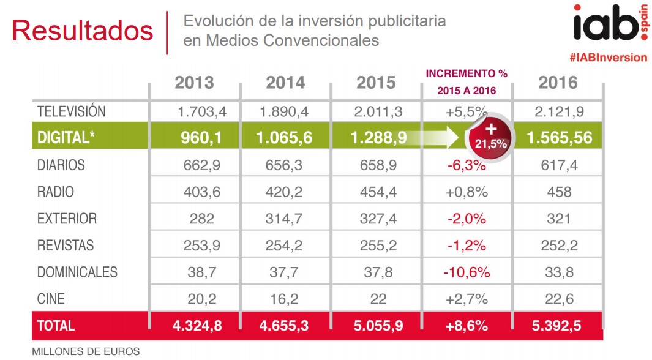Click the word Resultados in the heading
pyautogui.click(x=82, y=31)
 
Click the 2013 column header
pyautogui.click(x=194, y=83)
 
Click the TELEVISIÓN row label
pyautogui.click(x=71, y=112)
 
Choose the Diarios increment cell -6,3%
pyautogui.click(x=467, y=165)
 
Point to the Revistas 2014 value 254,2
pyautogui.click(x=285, y=246)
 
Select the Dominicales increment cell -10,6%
pyautogui.click(x=467, y=272)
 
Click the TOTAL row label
pyautogui.click(x=56, y=326)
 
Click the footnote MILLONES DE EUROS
pyautogui.click(x=85, y=351)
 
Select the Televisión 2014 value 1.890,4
pyautogui.click(x=285, y=112)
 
